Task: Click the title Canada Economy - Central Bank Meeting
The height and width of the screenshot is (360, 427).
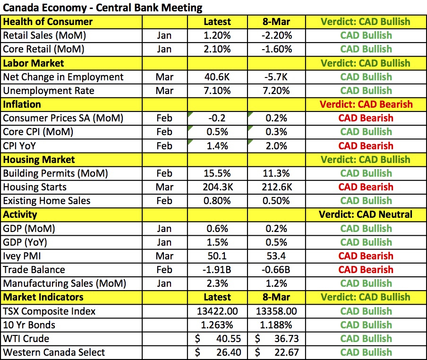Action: pyautogui.click(x=102, y=8)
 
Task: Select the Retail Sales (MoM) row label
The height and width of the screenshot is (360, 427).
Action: pyautogui.click(x=44, y=35)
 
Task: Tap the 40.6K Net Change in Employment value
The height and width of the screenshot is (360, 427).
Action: pyautogui.click(x=217, y=77)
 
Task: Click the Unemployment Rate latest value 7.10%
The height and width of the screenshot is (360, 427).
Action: pyautogui.click(x=217, y=91)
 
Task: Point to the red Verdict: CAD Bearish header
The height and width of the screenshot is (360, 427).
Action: pyautogui.click(x=366, y=104)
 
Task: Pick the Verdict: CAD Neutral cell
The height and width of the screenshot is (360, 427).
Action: pyautogui.click(x=366, y=214)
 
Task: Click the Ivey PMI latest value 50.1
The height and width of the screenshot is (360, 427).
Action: pyautogui.click(x=217, y=256)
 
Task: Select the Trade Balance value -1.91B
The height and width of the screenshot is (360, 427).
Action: pyautogui.click(x=217, y=270)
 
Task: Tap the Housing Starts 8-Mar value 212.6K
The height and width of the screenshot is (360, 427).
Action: pyautogui.click(x=276, y=187)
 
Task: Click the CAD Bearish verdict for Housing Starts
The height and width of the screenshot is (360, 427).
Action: pyautogui.click(x=366, y=187)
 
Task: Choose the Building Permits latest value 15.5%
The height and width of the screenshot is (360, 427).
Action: pyautogui.click(x=217, y=173)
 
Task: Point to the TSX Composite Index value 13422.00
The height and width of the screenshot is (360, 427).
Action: pyautogui.click(x=217, y=311)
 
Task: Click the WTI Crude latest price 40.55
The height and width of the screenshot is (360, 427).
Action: pyautogui.click(x=225, y=339)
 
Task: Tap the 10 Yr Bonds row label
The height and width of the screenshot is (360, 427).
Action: pyautogui.click(x=29, y=325)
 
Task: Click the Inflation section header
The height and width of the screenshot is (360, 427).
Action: pyautogui.click(x=22, y=104)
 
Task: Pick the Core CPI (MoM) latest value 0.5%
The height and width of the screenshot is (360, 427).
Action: pyautogui.click(x=217, y=132)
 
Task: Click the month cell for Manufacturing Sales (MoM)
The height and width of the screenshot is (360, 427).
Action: pyautogui.click(x=164, y=283)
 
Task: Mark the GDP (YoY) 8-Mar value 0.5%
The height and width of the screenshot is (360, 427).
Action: pyautogui.click(x=276, y=242)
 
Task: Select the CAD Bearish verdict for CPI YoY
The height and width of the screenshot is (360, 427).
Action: pyautogui.click(x=366, y=146)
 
